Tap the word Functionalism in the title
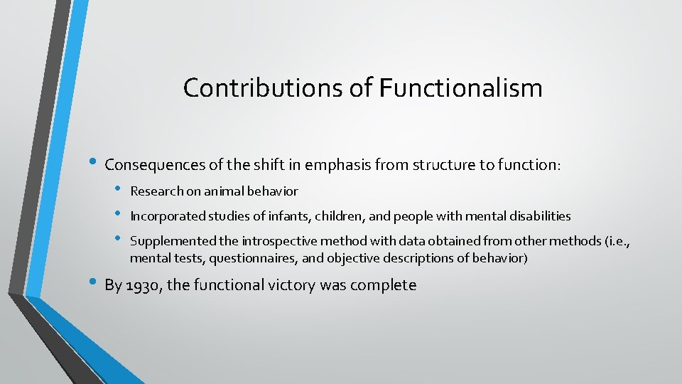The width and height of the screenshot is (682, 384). pos(461,88)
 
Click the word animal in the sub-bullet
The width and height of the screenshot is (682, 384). pos(231,191)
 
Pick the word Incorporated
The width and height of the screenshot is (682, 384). pos(167,216)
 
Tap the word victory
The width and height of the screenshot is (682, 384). pos(292,286)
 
